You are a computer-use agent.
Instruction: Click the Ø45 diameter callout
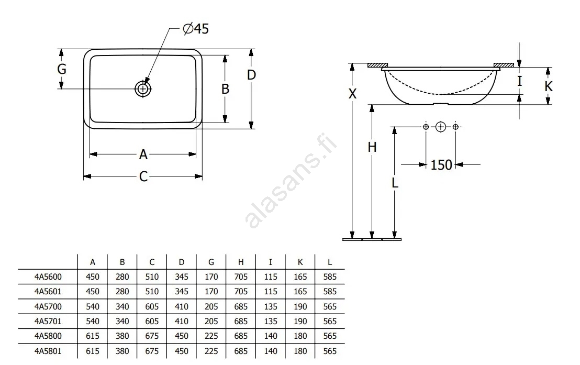(196, 28)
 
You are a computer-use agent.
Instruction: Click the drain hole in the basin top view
(143, 89)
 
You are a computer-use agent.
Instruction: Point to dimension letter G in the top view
(62, 69)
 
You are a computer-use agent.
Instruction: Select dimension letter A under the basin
(143, 154)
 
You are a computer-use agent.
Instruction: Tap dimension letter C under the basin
(143, 176)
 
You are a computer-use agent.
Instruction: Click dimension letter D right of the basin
(252, 75)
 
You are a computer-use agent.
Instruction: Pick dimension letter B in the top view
(225, 89)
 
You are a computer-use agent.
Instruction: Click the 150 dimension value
(441, 165)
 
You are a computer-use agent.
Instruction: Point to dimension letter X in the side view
(352, 94)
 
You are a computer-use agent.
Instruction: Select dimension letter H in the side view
(372, 147)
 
